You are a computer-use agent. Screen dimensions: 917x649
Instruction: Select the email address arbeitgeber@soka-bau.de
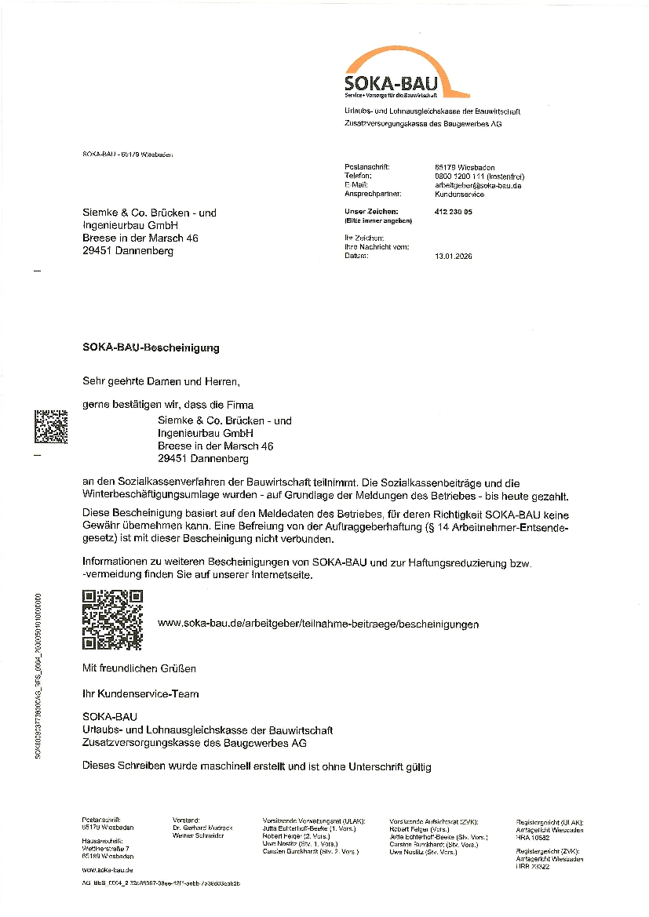point(478,185)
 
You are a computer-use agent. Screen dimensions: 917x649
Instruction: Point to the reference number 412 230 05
point(453,212)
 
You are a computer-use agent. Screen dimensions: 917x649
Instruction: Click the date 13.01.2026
point(454,256)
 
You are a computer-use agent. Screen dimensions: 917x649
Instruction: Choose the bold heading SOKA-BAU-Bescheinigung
point(151,347)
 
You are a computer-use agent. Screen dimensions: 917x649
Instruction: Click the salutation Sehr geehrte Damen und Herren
point(160,381)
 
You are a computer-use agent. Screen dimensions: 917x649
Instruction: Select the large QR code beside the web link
point(111,620)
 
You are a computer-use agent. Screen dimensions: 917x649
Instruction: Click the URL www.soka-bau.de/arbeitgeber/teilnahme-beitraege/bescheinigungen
point(318,624)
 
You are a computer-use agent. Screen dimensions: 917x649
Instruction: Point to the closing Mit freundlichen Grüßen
point(139,668)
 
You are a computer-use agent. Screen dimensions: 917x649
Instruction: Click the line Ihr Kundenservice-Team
point(140,693)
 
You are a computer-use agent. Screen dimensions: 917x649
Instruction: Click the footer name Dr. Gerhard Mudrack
point(199,828)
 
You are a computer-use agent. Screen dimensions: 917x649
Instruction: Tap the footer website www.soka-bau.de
point(107,870)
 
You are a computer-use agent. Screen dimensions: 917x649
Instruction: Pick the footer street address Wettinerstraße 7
point(106,849)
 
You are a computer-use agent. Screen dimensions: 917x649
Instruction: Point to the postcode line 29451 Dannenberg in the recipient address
point(128,251)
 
